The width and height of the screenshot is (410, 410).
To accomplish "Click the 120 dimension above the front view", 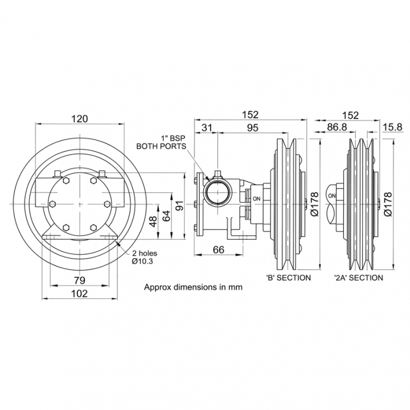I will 80,118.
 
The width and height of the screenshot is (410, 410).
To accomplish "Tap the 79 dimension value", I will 80,280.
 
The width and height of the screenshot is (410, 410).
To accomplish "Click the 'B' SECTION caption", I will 288,278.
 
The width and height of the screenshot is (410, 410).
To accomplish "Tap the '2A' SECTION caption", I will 358,278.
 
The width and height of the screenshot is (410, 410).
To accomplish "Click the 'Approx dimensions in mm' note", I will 193,287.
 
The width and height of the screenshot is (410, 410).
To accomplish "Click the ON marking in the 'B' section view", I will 256,199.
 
